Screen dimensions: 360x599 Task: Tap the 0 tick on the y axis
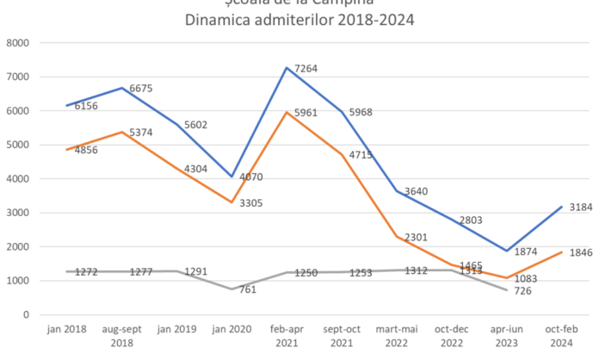(26, 314)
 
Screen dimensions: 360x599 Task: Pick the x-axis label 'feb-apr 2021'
(286, 335)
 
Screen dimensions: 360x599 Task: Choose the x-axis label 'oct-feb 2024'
(562, 335)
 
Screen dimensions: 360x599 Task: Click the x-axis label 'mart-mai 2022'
(396, 335)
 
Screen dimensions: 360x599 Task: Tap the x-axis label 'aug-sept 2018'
(120, 335)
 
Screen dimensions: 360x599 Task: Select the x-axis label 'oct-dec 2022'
(451, 335)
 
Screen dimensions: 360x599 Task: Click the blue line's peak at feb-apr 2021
(286, 67)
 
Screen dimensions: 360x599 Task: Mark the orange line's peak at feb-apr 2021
(286, 113)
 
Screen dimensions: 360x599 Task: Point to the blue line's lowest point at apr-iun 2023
(507, 251)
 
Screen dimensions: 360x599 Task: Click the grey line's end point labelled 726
(507, 290)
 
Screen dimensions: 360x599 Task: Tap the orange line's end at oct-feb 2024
(562, 251)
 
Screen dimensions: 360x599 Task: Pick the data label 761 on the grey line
(246, 289)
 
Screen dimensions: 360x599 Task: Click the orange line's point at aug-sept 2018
(120, 131)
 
